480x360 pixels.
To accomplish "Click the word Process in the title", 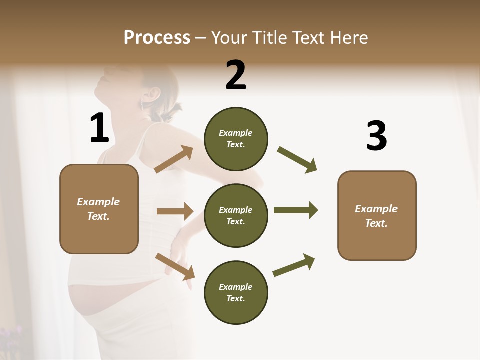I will pyautogui.click(x=157, y=37).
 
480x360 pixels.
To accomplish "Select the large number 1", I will pyautogui.click(x=99, y=128).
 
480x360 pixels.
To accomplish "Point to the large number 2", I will pyautogui.click(x=236, y=75).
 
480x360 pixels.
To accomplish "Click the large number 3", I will pyautogui.click(x=376, y=136).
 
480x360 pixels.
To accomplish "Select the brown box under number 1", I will pyautogui.click(x=99, y=209).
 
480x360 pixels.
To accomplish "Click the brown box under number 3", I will pyautogui.click(x=377, y=216).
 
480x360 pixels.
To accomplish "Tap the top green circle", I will pyautogui.click(x=236, y=139).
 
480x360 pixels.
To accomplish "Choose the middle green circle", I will pyautogui.click(x=236, y=216).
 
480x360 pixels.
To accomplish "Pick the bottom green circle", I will pyautogui.click(x=236, y=293).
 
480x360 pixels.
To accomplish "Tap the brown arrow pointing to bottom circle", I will pyautogui.click(x=175, y=266).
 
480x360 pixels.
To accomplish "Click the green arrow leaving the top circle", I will pyautogui.click(x=297, y=159).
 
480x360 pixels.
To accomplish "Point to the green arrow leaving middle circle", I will pyautogui.click(x=295, y=210).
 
